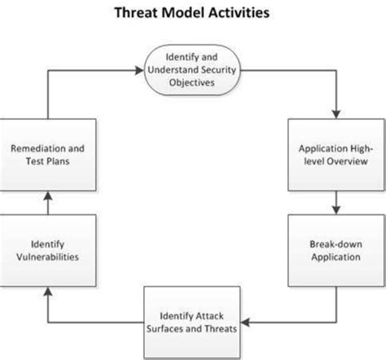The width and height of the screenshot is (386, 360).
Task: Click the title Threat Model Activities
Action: (193, 14)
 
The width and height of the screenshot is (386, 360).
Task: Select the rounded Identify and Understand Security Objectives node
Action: (194, 69)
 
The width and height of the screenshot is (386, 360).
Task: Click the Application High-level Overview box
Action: (335, 155)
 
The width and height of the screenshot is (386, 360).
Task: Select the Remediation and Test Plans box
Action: (50, 155)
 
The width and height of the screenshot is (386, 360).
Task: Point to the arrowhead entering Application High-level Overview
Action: (335, 118)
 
